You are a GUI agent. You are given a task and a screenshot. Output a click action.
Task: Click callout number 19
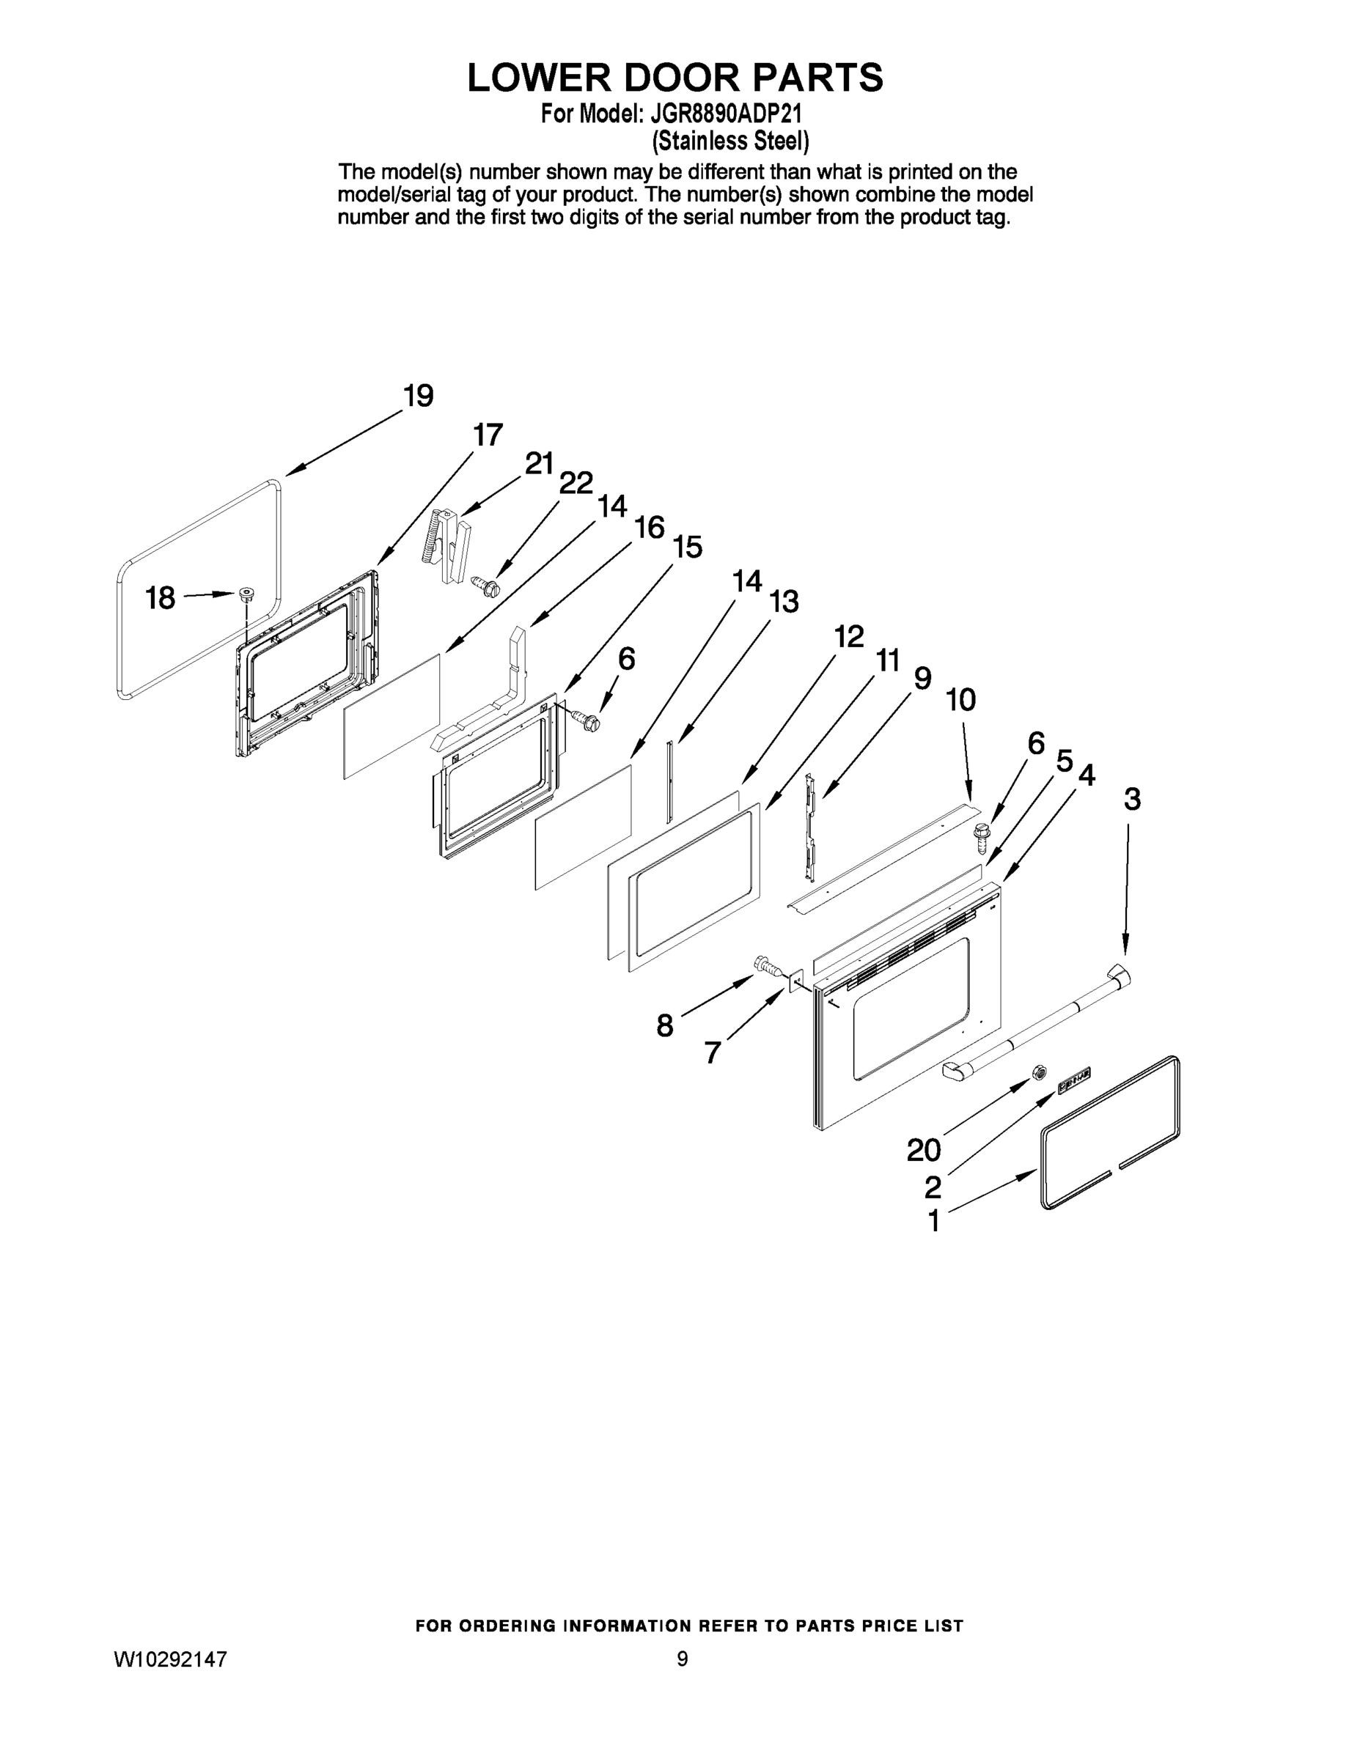click(418, 397)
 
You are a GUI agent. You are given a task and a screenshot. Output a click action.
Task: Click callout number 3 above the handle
click(1132, 800)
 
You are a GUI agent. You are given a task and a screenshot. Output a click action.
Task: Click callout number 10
click(960, 700)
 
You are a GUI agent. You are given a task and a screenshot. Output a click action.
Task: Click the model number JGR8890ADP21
click(732, 113)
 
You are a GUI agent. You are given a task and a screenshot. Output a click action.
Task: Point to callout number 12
click(848, 637)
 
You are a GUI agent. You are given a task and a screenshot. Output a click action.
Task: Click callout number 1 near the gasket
click(934, 1222)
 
